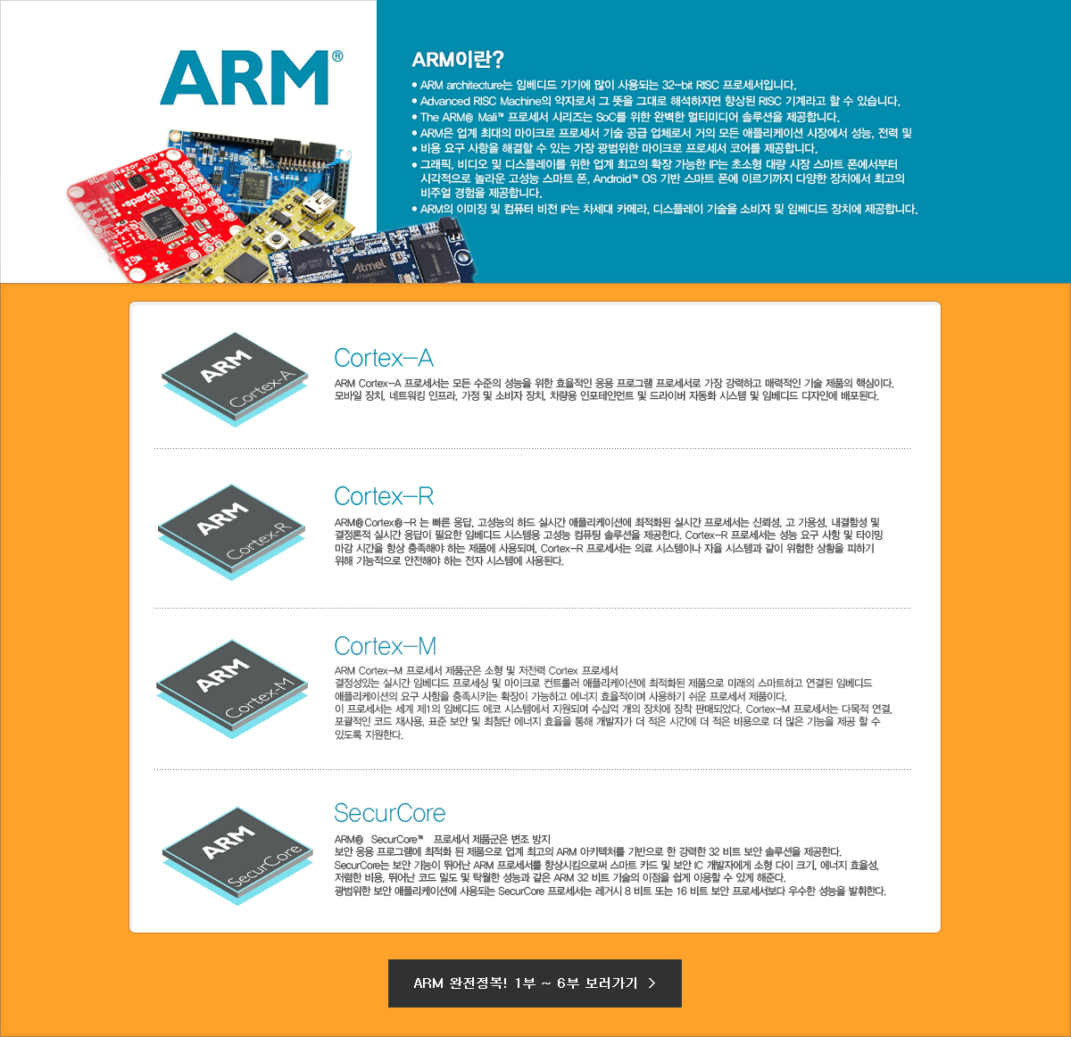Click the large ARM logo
coord(245,78)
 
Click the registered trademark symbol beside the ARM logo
coord(337,56)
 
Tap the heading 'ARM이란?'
coord(458,60)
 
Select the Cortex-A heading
coord(384,359)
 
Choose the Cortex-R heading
coord(384,496)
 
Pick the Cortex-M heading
coord(386,646)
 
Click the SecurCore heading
coord(390,813)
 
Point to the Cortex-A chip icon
coord(235,379)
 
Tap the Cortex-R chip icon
coord(232,532)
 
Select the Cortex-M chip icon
coord(232,689)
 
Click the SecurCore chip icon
coord(237,856)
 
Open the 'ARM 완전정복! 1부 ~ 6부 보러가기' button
coord(535,983)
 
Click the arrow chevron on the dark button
coord(652,983)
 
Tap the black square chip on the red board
coord(163,223)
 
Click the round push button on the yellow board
coord(274,239)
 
